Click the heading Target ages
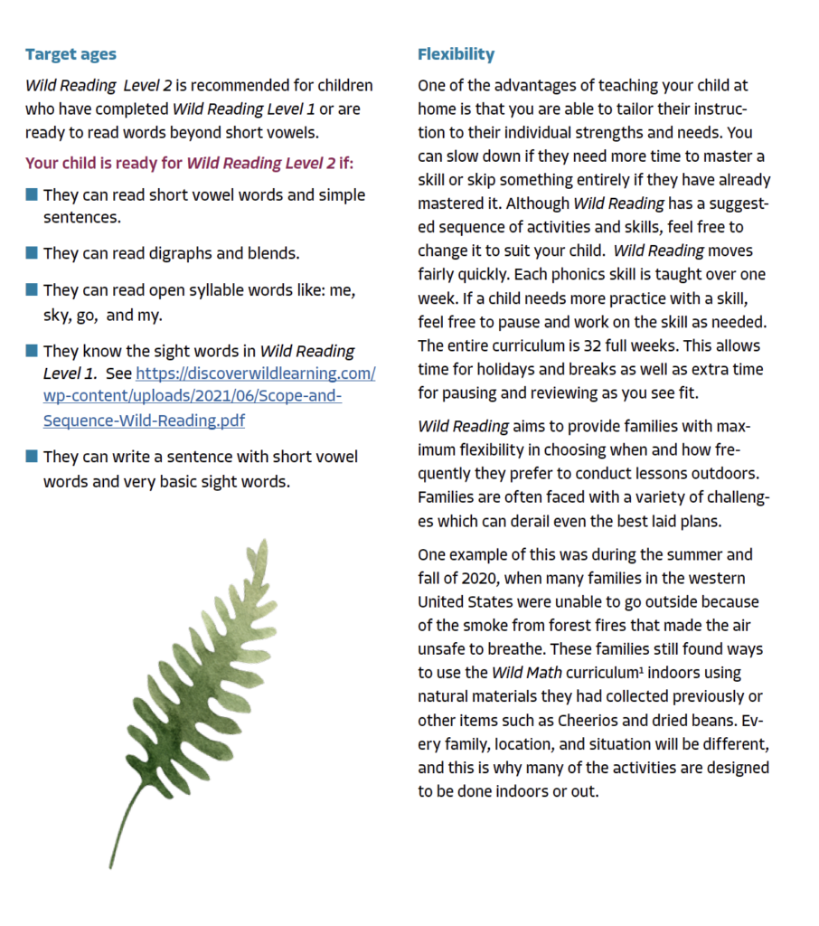pyautogui.click(x=71, y=54)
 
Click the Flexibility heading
pyautogui.click(x=456, y=54)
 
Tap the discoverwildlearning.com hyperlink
pyautogui.click(x=209, y=397)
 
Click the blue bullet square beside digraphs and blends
pyautogui.click(x=32, y=253)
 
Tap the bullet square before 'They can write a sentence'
pyautogui.click(x=32, y=457)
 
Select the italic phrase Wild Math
pyautogui.click(x=526, y=673)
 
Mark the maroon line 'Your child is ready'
pyautogui.click(x=189, y=164)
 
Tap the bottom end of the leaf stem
pyautogui.click(x=111, y=866)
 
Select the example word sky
pyautogui.click(x=59, y=316)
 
